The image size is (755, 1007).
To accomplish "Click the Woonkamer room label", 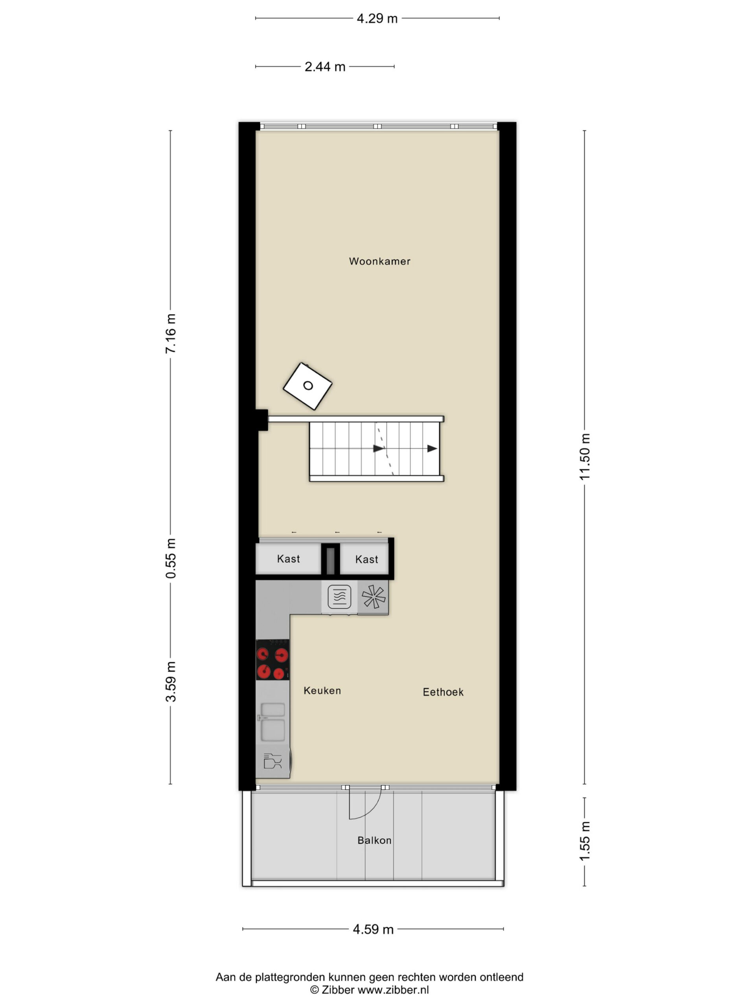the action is tap(379, 261).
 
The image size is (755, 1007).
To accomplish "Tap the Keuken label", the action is tap(322, 691).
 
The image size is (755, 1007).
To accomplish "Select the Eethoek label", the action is tap(443, 692).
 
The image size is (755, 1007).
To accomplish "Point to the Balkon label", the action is tap(374, 840).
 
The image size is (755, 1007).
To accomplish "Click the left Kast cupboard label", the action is tap(289, 559).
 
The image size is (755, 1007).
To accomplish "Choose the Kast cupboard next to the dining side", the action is tap(366, 559).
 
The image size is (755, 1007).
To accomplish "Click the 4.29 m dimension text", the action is tap(377, 18).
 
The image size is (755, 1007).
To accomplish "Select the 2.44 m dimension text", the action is tap(324, 67).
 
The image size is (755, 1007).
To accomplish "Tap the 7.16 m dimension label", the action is tap(171, 334).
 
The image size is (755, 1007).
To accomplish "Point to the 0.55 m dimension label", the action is tap(171, 558).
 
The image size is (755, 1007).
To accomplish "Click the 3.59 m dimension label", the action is tap(171, 682).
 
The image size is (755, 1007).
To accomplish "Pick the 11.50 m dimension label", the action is tap(584, 457).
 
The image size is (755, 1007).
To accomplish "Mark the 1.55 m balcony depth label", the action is tap(584, 841).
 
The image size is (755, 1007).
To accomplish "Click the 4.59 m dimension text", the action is tap(373, 929).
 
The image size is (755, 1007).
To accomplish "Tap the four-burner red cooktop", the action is tap(272, 660).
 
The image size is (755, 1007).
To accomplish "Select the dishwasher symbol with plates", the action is tap(273, 761).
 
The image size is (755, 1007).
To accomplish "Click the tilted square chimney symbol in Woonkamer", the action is tap(308, 386).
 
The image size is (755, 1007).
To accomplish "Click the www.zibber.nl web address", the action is tap(393, 990).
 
